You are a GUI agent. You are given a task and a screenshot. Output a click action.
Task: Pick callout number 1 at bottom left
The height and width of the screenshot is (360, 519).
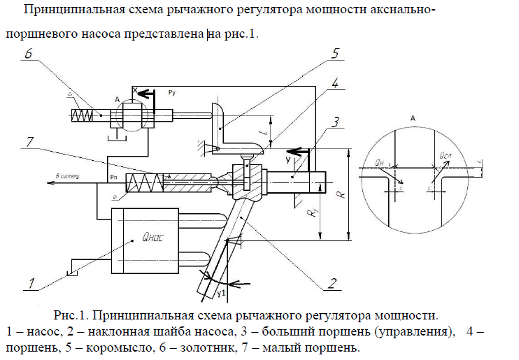(x=30, y=282)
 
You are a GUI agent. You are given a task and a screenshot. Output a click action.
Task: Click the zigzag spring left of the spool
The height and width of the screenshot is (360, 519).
(x=81, y=115)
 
